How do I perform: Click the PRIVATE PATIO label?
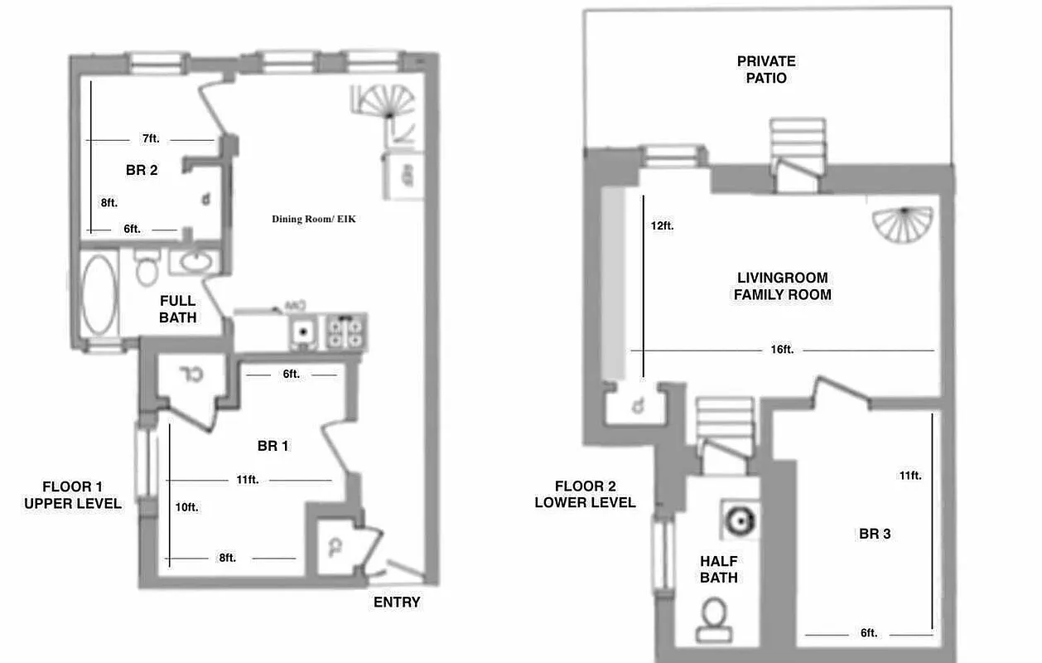(x=766, y=70)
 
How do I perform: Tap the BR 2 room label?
(x=142, y=171)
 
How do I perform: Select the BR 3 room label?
(x=875, y=534)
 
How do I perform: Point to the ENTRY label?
(x=397, y=603)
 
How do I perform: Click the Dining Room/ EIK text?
(x=314, y=220)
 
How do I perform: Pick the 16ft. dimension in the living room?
(x=782, y=350)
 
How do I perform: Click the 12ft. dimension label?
(x=662, y=225)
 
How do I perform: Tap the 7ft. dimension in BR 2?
(x=150, y=139)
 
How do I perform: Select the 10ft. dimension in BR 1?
(x=186, y=506)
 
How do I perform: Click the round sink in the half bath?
(x=736, y=520)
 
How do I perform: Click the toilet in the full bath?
(x=148, y=266)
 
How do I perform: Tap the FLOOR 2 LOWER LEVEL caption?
(x=585, y=494)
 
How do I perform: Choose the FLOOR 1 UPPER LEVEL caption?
(x=73, y=495)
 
